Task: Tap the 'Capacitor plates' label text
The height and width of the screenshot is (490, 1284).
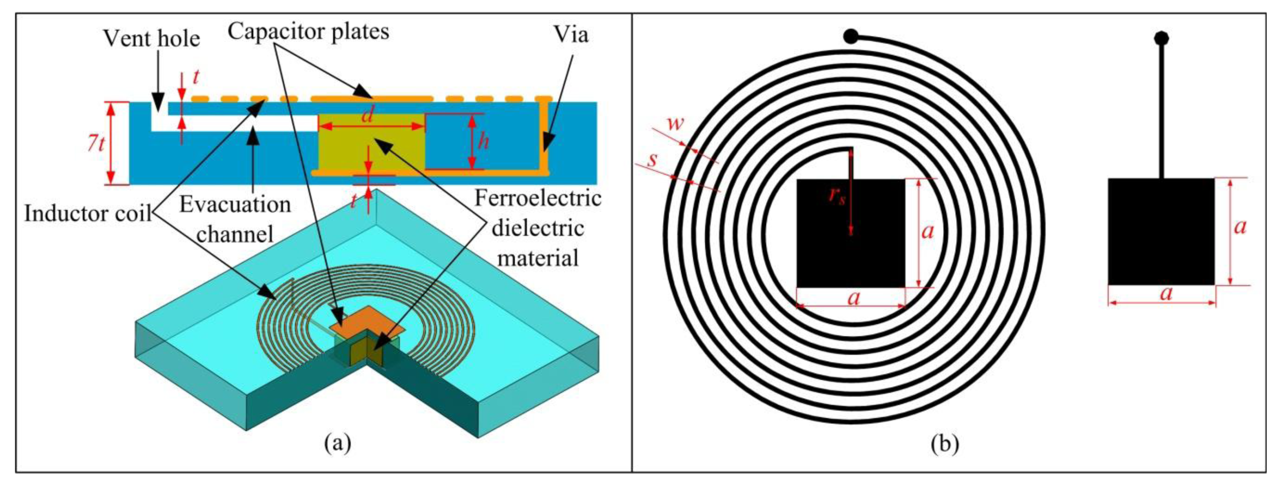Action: pyautogui.click(x=308, y=31)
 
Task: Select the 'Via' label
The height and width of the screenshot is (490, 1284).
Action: pyautogui.click(x=571, y=34)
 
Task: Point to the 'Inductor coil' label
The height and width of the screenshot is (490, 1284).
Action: pyautogui.click(x=88, y=214)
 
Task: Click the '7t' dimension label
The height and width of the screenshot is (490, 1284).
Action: pyautogui.click(x=96, y=144)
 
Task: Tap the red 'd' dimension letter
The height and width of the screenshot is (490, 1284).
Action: pyautogui.click(x=367, y=115)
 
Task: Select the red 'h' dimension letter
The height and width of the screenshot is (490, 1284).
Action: pyautogui.click(x=483, y=142)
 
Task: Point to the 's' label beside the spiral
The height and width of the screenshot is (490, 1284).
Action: pyautogui.click(x=652, y=160)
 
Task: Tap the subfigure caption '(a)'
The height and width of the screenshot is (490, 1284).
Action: pyautogui.click(x=337, y=443)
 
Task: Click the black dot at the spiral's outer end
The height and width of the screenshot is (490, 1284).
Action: pyautogui.click(x=851, y=36)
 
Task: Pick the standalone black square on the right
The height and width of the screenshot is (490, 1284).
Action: pyautogui.click(x=1161, y=232)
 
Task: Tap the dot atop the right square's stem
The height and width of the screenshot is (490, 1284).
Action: pyautogui.click(x=1161, y=38)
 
